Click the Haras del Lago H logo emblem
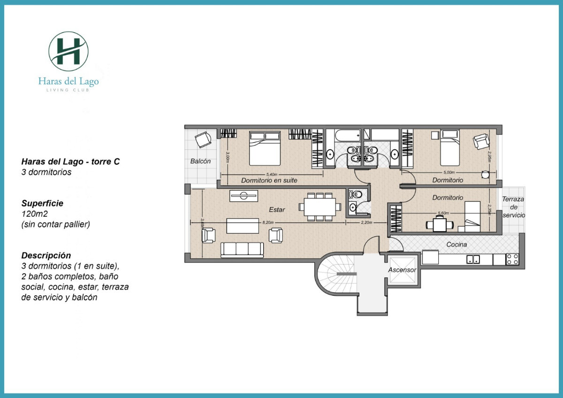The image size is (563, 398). point(68,51)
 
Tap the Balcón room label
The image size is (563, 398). point(200,161)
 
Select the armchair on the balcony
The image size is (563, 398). point(203,139)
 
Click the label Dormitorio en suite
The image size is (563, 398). point(269,180)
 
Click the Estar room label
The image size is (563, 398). point(277,209)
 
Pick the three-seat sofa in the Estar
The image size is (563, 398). point(242,249)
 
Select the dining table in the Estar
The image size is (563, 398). point(320,207)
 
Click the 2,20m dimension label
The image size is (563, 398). point(366,222)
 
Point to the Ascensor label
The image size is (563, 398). point(402,270)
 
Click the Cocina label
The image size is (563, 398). point(456,245)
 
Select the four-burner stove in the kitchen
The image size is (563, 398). point(512,259)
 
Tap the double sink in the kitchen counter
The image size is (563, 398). point(472,259)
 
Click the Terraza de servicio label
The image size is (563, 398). point(513,207)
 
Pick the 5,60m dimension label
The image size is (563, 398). point(442,213)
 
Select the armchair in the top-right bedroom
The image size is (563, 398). point(481,141)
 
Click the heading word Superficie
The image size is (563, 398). point(42,204)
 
